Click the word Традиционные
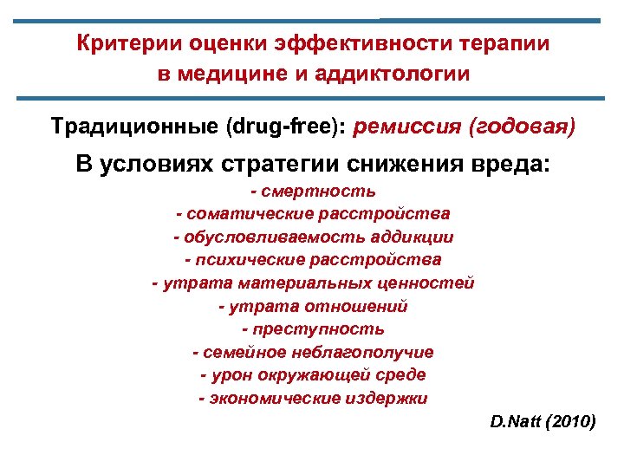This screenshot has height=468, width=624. pyautogui.click(x=134, y=127)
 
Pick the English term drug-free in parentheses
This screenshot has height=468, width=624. pyautogui.click(x=283, y=127)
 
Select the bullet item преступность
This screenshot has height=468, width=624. pyautogui.click(x=319, y=330)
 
